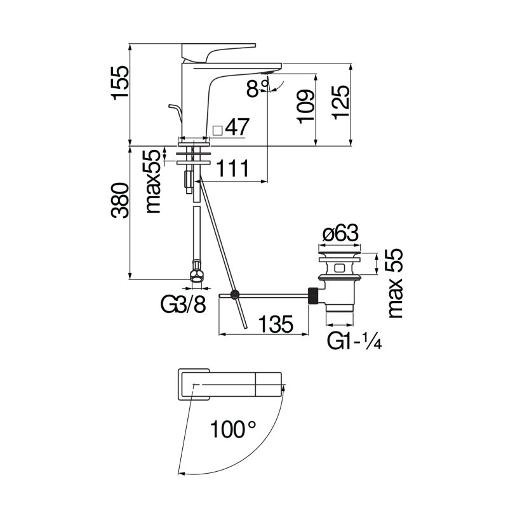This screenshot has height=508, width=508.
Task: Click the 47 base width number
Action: click(x=236, y=128)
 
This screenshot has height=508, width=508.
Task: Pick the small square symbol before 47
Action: click(x=217, y=130)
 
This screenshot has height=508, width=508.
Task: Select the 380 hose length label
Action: click(x=120, y=202)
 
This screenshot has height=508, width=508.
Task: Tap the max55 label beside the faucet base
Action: click(x=152, y=182)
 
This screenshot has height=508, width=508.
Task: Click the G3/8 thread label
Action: click(x=183, y=305)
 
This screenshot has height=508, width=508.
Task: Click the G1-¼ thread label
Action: click(x=353, y=342)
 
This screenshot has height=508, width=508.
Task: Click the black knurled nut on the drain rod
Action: click(x=313, y=295)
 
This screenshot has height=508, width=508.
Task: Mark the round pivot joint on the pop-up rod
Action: click(x=235, y=295)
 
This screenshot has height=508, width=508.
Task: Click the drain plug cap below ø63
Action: click(x=340, y=256)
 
